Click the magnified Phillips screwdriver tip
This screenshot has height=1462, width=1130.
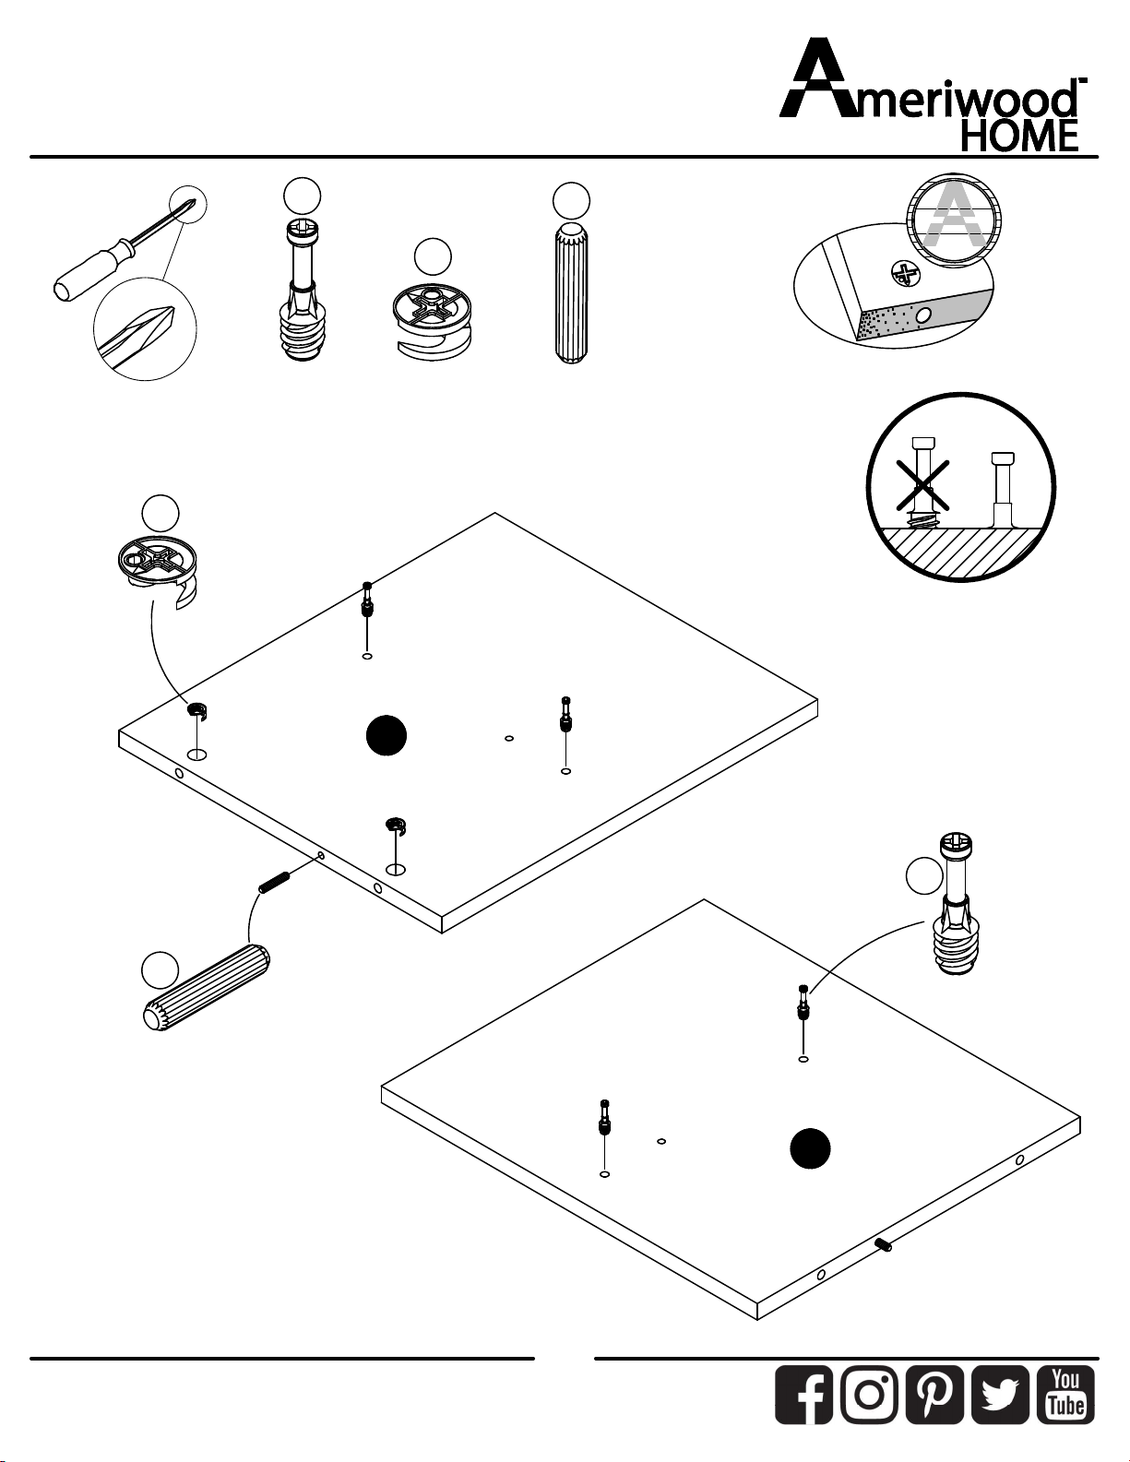pos(146,337)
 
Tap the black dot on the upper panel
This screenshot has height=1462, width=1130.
pos(387,735)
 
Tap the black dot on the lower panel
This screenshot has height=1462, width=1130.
pos(810,1148)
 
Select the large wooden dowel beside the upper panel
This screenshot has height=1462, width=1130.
pos(207,988)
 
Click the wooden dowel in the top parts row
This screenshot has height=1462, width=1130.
pos(572,293)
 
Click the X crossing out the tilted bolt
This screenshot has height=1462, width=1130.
pos(922,484)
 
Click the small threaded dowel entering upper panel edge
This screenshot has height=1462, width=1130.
pos(274,882)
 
